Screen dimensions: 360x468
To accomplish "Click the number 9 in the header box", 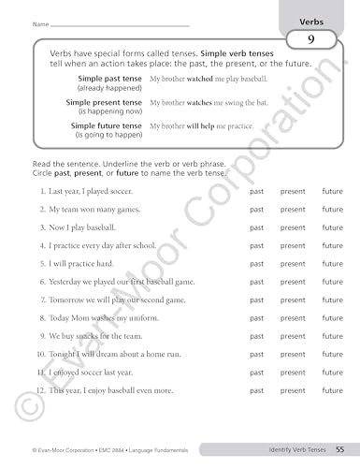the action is point(310,39).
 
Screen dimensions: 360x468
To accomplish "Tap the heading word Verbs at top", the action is point(311,19).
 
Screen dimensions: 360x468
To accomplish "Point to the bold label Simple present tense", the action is point(105,102).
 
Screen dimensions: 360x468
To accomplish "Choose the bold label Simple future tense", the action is point(107,124).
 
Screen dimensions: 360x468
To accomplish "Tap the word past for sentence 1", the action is point(256,191).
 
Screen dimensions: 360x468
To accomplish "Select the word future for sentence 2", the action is point(332,209).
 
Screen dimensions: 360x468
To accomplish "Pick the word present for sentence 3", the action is point(293,227).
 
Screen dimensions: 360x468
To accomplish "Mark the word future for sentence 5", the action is point(332,263).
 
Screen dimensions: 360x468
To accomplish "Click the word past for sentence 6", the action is point(256,281).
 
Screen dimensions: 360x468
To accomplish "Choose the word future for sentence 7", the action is point(332,300).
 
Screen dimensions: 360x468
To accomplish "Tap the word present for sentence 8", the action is point(293,317).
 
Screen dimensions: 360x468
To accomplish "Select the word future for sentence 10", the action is point(332,354).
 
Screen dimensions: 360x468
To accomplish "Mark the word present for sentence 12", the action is point(293,390).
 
